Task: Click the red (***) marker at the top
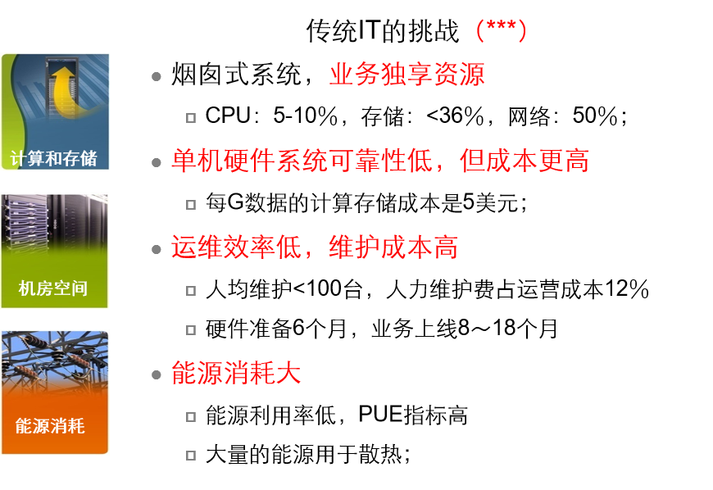pos(501,30)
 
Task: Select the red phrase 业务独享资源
pos(406,75)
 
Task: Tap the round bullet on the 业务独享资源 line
pos(157,76)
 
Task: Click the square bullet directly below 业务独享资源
pos(191,118)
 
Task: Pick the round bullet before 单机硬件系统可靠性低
pos(157,162)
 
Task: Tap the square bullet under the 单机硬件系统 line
pos(191,205)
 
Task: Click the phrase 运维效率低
pos(236,247)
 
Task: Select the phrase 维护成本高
pos(393,247)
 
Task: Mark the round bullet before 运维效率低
pos(157,249)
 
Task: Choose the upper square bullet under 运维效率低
pos(191,291)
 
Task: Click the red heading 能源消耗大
pos(236,374)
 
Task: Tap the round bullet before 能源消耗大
pos(157,375)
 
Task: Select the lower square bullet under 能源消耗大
pos(191,456)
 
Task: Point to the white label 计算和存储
pos(54,158)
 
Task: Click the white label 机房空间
pos(53,288)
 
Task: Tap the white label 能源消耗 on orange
pos(50,426)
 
